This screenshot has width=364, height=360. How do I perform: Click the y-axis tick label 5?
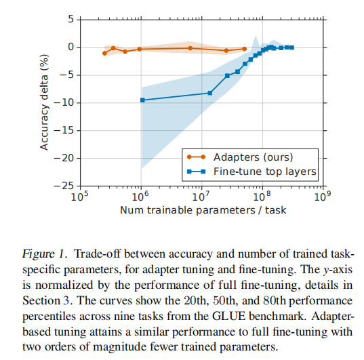[70, 18]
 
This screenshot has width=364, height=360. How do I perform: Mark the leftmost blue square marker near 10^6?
[142, 100]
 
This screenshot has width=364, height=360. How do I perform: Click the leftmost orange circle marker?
[104, 53]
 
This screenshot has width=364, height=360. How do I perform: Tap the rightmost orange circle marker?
[244, 49]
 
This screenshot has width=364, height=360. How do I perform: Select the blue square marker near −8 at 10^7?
[210, 93]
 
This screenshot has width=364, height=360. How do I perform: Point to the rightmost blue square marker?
[291, 47]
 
